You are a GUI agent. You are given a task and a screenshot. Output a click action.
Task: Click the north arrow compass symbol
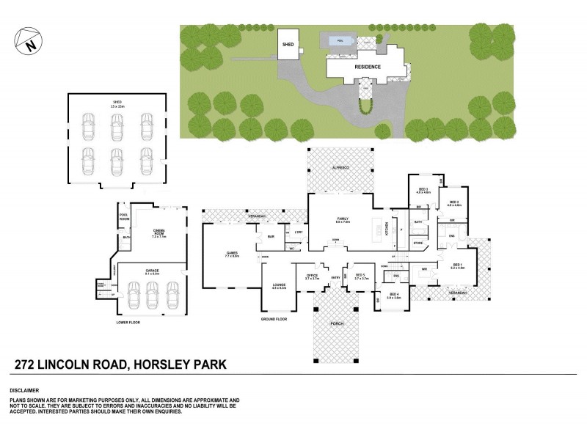tap(27, 42)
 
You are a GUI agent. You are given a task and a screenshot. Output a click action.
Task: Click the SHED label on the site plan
tap(287, 44)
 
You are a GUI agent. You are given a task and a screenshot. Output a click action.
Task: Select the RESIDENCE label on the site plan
tap(368, 67)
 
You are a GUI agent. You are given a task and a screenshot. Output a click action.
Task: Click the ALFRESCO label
tap(338, 169)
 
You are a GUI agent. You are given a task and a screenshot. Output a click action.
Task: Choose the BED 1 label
tap(456, 266)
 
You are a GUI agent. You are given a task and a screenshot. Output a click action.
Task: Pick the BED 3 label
tap(423, 190)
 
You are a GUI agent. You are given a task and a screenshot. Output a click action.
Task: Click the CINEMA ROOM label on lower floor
tap(159, 234)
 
